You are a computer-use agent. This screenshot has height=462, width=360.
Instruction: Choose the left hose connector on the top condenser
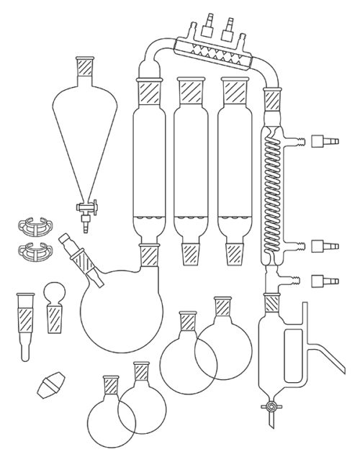click(210, 18)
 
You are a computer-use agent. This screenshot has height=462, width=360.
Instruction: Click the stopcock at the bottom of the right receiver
click(271, 408)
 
